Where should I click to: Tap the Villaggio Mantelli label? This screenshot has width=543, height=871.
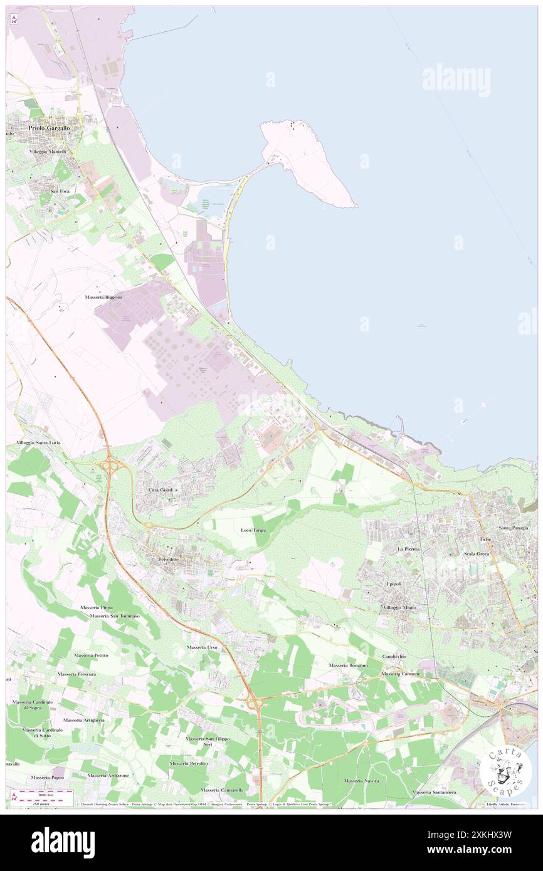(47, 152)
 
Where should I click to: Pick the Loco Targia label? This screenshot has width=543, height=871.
(254, 530)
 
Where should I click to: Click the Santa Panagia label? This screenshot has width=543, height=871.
(514, 528)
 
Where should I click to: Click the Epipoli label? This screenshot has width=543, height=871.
(393, 584)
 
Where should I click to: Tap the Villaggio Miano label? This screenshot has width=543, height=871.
(399, 608)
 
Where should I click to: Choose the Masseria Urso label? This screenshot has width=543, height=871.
(202, 647)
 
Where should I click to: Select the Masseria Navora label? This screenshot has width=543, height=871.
(361, 781)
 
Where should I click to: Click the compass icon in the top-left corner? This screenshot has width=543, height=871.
(14, 19)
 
